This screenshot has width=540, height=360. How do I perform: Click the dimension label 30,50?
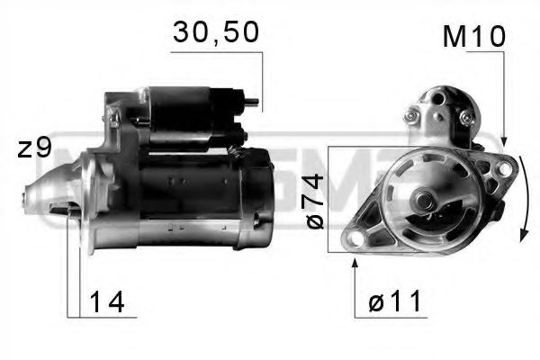(215, 32)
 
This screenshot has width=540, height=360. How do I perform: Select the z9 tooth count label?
(35, 148)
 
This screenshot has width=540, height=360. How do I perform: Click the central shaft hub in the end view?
(423, 201)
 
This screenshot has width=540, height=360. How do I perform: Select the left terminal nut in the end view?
(413, 114)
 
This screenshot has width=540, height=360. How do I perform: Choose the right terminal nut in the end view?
(465, 117)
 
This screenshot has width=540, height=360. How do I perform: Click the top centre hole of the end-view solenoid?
(441, 95)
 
